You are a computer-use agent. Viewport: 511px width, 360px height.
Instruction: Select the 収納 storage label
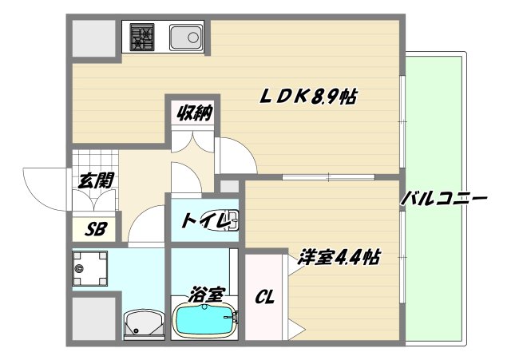[194, 113]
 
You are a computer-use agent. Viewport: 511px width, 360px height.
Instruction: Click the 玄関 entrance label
[94, 180]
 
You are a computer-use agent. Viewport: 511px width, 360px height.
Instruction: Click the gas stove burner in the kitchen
[143, 38]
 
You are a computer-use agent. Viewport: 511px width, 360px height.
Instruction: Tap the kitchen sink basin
[188, 37]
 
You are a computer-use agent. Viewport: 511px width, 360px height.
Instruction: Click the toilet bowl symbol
[232, 219]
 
